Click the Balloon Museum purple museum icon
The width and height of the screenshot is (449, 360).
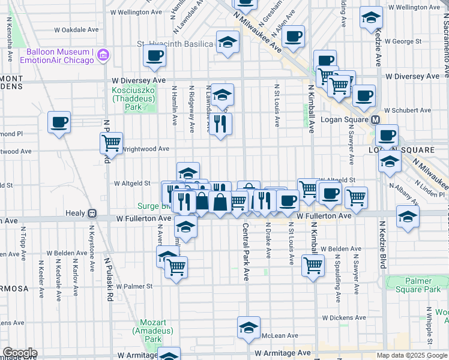tap(103, 55)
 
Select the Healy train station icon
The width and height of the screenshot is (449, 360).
tap(92, 213)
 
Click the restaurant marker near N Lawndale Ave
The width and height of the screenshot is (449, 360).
tap(221, 124)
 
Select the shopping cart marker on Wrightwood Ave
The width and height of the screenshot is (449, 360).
tap(112, 143)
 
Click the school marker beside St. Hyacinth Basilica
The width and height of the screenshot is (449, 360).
tap(228, 42)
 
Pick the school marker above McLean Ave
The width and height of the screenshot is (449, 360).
tap(248, 328)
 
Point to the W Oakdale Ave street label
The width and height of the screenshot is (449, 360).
tap(76, 29)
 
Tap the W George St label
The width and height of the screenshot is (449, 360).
tap(403, 41)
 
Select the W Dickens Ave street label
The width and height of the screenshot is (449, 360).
tap(344, 317)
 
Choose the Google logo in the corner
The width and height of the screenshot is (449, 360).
tap(19, 353)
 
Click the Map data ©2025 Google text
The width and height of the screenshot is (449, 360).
tap(412, 355)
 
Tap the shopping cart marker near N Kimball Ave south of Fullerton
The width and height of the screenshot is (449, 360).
tap(313, 265)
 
